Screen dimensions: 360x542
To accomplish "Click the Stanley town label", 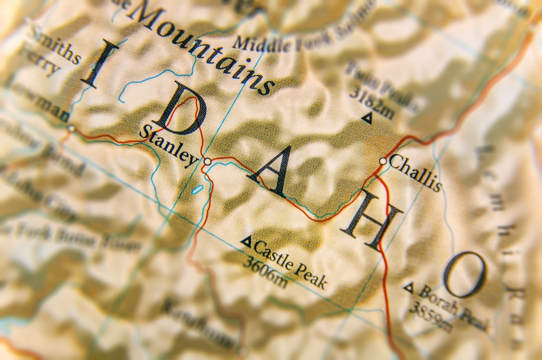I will coord(168,145).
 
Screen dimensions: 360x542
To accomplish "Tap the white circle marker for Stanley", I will coord(207,161).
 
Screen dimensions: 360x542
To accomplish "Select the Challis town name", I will coord(415,173).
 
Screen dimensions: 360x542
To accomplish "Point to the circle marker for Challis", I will coord(383,161).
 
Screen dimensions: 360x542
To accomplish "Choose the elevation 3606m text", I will coord(265,273).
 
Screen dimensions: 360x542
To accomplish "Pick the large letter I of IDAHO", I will coord(97,64).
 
